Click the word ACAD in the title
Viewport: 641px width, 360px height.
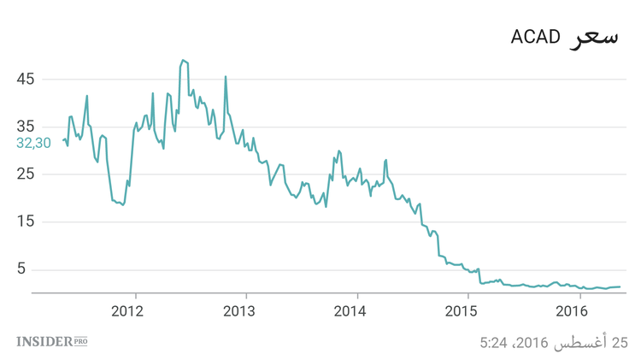point(535,37)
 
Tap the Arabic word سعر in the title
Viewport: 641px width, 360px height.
point(593,37)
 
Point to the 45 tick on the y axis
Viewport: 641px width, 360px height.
point(25,80)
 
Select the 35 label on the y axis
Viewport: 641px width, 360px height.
point(25,127)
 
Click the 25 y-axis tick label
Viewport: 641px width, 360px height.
point(25,174)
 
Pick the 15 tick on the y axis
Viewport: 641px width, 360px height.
point(25,222)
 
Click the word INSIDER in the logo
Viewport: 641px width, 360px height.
point(44,342)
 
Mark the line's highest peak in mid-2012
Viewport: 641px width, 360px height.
point(183,61)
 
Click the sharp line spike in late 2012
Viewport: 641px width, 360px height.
point(226,77)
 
